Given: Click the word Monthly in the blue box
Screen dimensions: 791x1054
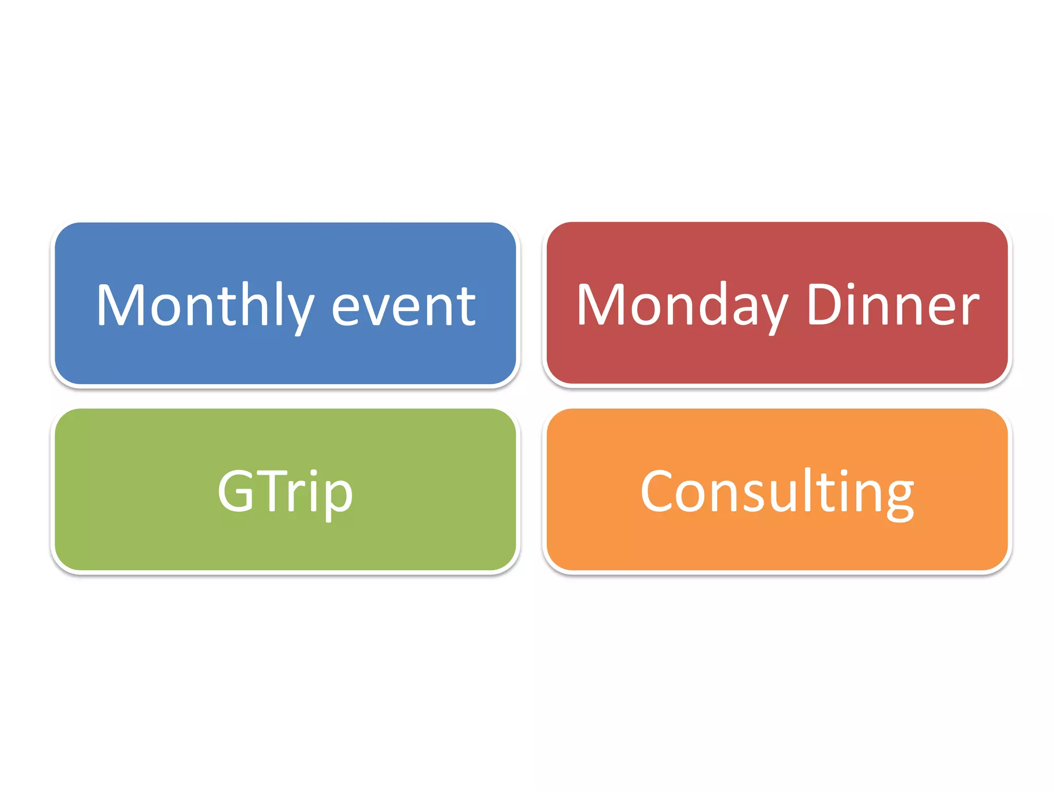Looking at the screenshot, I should tap(205, 306).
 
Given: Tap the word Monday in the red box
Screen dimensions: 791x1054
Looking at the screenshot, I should tap(682, 306).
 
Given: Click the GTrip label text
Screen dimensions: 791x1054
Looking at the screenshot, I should tap(285, 492).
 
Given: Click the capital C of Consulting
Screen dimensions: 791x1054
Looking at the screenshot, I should tap(657, 491).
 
